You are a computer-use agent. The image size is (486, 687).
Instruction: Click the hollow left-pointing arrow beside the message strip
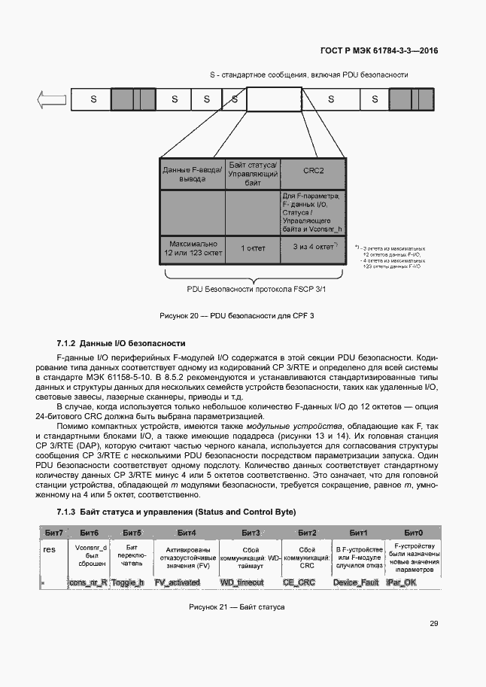(51, 99)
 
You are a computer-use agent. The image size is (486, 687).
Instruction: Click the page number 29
(434, 623)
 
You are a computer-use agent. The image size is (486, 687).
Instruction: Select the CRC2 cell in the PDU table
(313, 171)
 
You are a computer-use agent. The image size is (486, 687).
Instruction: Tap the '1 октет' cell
(252, 248)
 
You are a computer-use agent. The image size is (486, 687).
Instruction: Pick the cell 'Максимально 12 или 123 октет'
(193, 248)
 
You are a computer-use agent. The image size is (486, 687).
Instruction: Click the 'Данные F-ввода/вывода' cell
(193, 174)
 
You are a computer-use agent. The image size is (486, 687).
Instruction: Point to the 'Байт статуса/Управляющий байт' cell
(253, 173)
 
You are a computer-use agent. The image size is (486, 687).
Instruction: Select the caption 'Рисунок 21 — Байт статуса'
(236, 606)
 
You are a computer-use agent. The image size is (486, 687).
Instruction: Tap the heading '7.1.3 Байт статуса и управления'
(177, 512)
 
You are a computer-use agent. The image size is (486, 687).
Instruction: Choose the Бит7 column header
(53, 533)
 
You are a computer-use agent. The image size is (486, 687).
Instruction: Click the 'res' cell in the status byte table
(50, 549)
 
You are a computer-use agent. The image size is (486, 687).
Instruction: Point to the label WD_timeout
(241, 582)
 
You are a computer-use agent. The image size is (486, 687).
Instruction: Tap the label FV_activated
(178, 582)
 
